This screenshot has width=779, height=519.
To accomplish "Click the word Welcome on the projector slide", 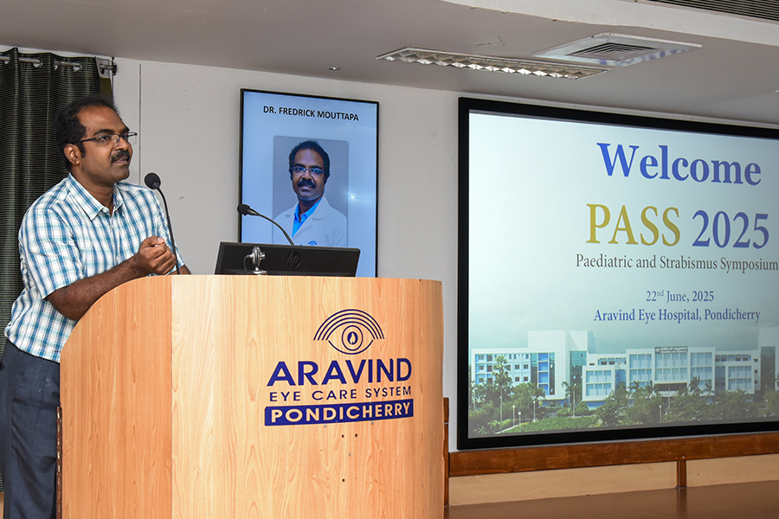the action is (679, 163).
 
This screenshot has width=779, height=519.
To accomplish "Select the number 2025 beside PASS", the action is (731, 229).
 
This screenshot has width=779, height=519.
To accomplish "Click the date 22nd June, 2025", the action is (679, 296).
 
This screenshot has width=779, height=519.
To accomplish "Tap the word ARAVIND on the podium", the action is (339, 373).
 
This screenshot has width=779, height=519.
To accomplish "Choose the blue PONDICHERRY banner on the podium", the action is (338, 413).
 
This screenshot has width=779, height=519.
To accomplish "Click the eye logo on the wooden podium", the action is (349, 330).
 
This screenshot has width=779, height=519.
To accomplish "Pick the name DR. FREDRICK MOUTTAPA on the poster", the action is (311, 112).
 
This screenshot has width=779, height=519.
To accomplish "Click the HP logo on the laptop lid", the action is (293, 259).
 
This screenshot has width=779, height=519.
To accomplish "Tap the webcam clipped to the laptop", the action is (256, 259).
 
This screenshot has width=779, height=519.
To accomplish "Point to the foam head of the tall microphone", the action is (152, 180).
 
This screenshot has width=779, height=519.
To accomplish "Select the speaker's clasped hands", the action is (156, 255).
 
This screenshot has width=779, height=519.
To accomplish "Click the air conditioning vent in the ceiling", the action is (617, 49).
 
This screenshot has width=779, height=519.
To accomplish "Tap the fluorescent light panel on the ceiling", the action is (493, 63).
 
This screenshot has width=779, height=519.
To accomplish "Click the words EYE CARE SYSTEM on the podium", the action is (340, 394).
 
